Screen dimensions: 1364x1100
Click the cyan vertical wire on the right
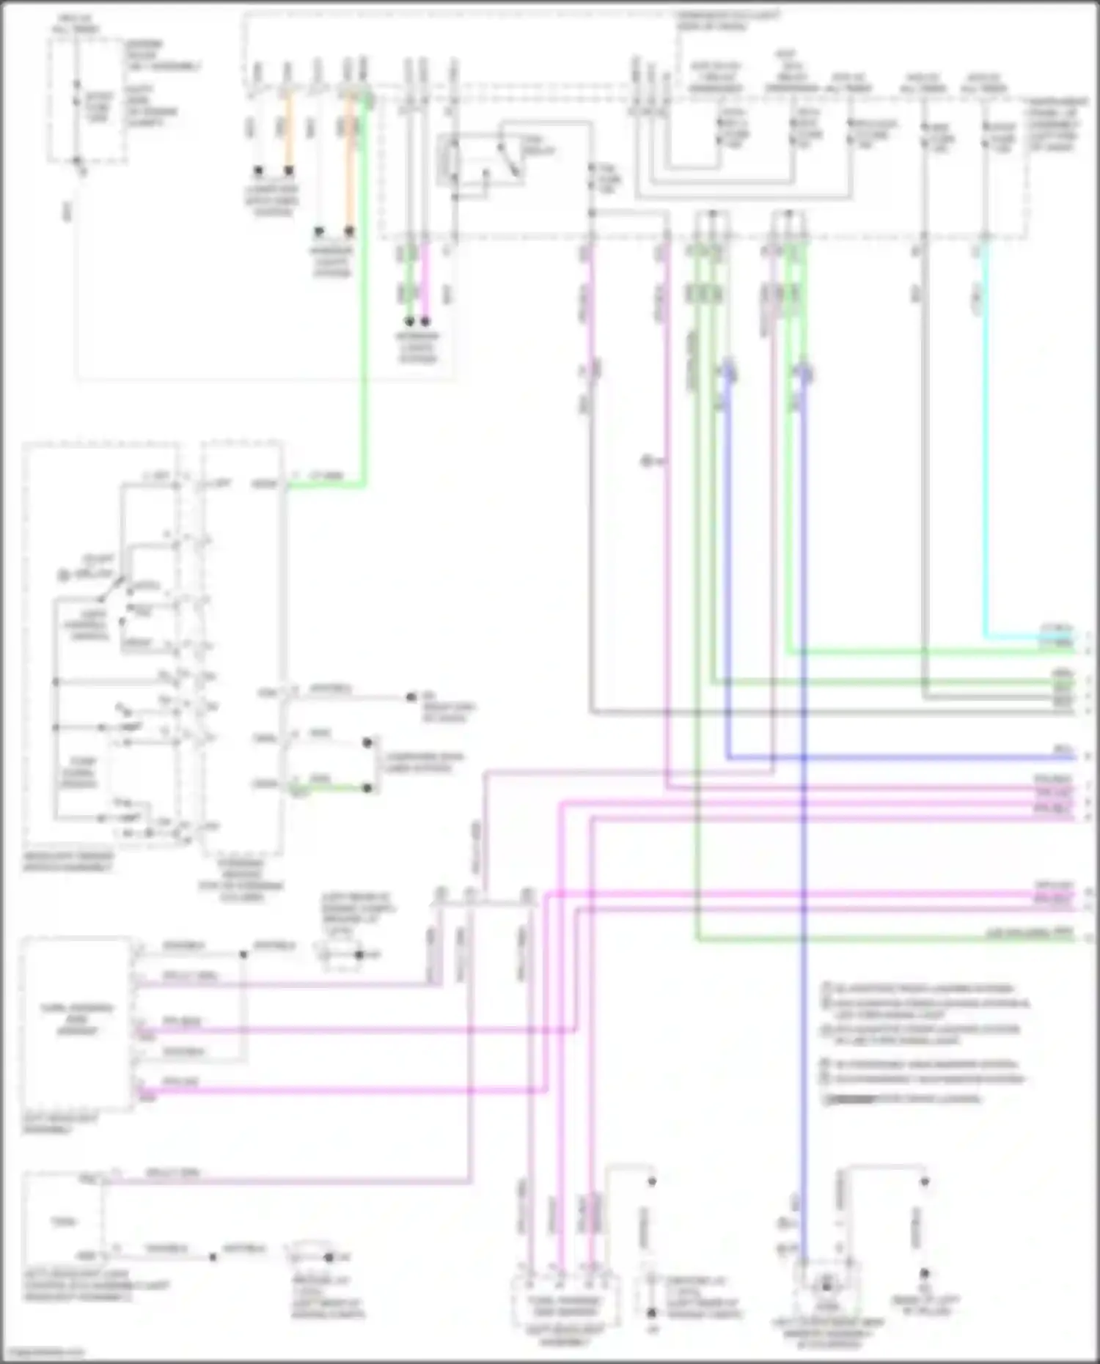tap(983, 440)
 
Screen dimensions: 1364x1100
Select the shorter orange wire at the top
tap(288, 132)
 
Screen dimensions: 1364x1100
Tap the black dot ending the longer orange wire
tap(350, 232)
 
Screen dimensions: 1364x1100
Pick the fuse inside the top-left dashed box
tap(78, 103)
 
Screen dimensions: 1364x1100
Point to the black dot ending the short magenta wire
tap(425, 322)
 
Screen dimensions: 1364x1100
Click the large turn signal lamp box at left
tap(78, 1023)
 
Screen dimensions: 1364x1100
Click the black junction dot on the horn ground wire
tap(213, 1257)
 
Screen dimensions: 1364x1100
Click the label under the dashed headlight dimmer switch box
tap(69, 862)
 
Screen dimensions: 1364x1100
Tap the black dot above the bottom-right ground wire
tap(925, 1181)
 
